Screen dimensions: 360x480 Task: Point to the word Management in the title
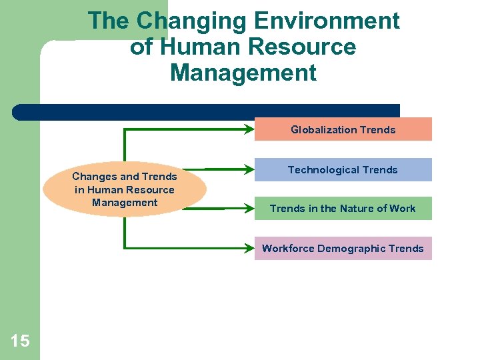pos(243,72)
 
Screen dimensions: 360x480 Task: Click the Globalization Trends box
pos(343,129)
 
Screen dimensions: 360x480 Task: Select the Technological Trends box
pos(343,170)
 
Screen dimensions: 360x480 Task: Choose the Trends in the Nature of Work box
pos(343,208)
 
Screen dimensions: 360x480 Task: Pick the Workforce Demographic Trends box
pos(343,248)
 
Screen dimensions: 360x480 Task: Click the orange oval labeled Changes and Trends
pos(125,189)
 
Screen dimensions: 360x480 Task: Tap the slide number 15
pos(20,341)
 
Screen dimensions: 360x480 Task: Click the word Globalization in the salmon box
pos(323,130)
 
